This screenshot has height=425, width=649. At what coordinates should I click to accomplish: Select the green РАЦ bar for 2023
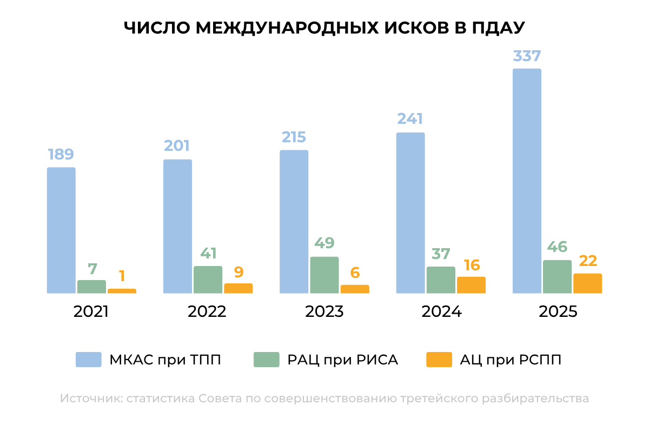point(324,275)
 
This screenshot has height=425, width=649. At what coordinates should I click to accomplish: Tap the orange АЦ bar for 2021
point(122,291)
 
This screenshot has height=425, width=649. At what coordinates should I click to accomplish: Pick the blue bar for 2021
point(61,230)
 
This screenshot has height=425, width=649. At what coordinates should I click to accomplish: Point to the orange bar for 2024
point(471,285)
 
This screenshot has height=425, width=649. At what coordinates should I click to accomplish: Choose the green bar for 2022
point(208,280)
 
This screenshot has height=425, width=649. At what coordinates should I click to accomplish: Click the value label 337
point(527,56)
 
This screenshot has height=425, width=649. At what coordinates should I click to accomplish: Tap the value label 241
point(410,119)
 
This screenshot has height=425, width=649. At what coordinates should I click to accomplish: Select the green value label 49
point(324,243)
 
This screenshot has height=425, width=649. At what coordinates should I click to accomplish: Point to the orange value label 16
point(471,265)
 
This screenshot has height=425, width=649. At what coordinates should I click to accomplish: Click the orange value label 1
point(122,276)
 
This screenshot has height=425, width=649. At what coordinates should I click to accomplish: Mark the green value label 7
point(91,268)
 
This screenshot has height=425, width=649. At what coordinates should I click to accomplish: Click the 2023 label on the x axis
point(324,312)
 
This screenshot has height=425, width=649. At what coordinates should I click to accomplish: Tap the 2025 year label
point(558,312)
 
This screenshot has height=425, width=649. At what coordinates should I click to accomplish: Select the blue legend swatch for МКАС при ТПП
point(88,360)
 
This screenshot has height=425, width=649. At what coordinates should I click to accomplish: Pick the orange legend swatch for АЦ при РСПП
point(439,360)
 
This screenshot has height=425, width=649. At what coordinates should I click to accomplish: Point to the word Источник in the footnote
point(91,399)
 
